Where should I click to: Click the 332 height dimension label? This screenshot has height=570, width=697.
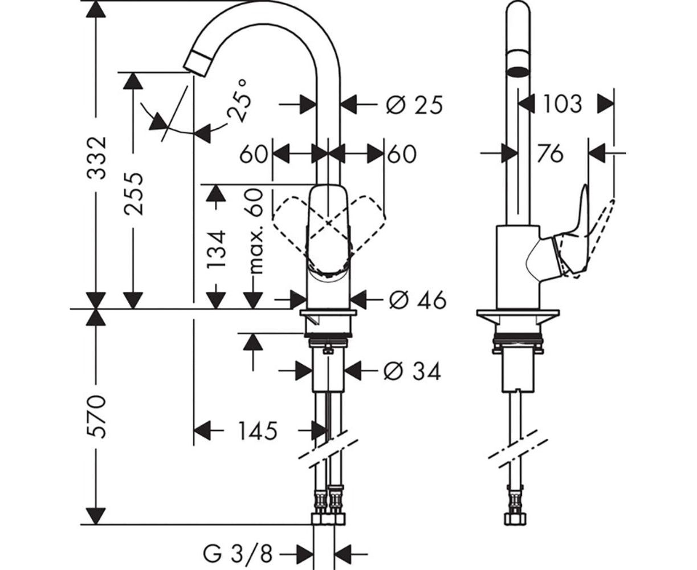coord(97,158)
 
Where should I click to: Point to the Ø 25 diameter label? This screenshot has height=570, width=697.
coord(414,105)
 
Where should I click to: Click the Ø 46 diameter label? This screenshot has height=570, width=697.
coord(417,299)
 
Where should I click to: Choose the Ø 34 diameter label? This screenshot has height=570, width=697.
coord(413,372)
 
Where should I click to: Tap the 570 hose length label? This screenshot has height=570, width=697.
coord(97,416)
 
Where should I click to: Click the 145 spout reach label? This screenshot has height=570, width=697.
coord(258,431)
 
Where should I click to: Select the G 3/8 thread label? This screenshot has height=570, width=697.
coord(238,552)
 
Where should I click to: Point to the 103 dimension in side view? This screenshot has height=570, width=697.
coord(561,104)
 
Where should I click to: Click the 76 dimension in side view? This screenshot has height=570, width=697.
coord(550,153)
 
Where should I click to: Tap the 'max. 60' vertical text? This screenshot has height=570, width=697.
coord(256,231)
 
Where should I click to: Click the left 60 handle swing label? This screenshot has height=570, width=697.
coord(253,154)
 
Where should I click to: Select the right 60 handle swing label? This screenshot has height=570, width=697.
coord(402,154)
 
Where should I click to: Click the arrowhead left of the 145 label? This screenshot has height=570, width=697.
coord(203,430)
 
